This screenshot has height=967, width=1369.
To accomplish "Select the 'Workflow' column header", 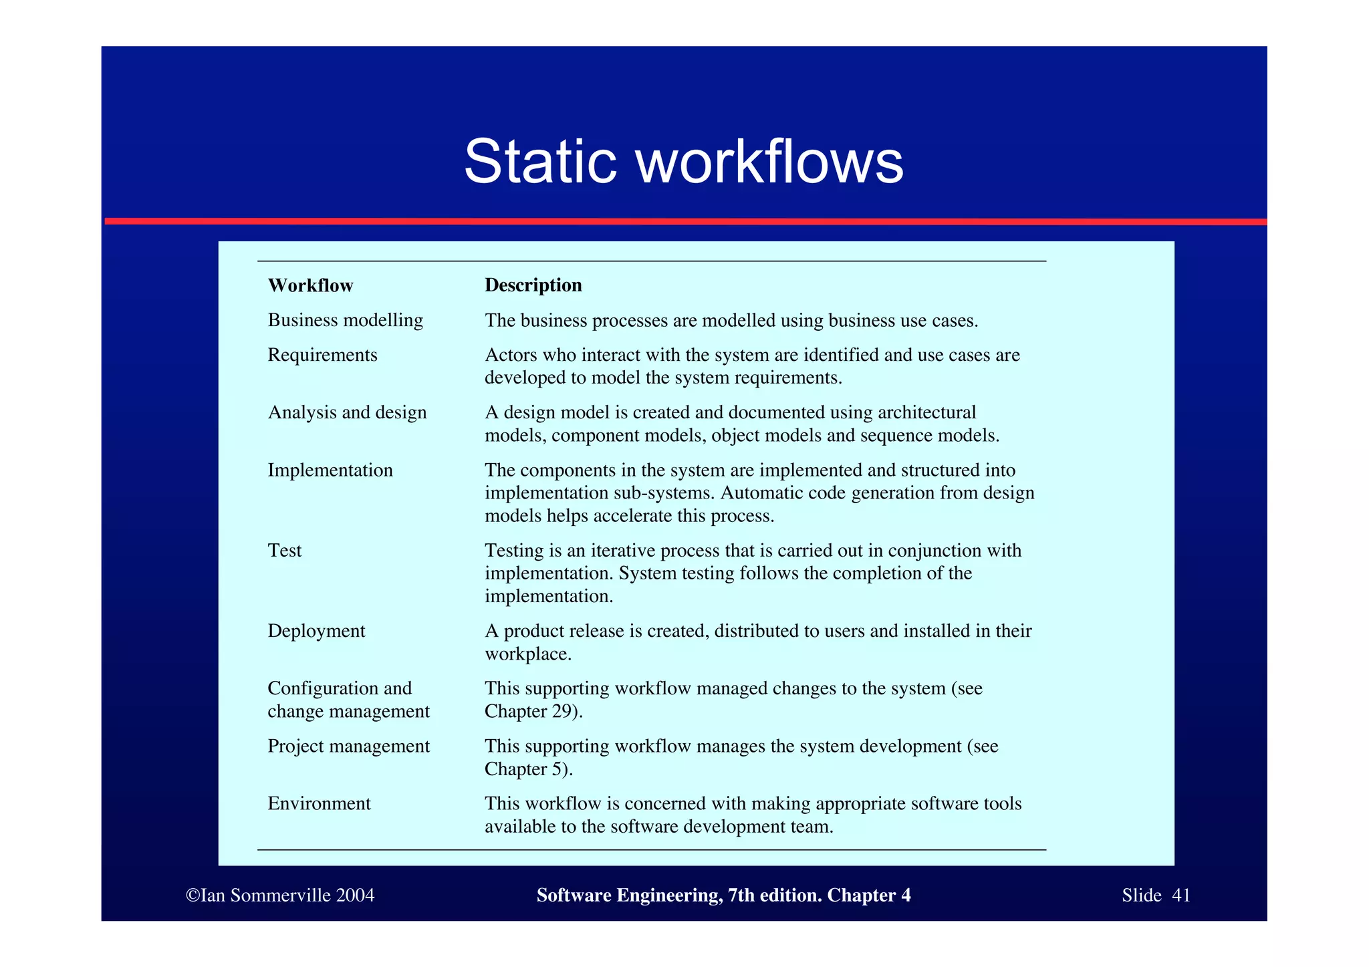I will pos(310,285).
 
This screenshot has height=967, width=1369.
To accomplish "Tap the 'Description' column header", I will pos(533,285).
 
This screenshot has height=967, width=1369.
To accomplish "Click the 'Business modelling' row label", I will pos(345,320).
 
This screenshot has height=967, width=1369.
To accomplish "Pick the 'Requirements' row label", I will pos(322,355).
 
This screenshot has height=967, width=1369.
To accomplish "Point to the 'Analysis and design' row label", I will pos(347,412).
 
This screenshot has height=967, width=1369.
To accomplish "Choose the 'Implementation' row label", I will pos(330,470).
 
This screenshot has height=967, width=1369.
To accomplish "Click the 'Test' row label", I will pos(285,551).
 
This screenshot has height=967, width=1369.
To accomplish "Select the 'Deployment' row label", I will pos(316,631).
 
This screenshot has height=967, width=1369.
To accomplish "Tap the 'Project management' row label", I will pos(348,746).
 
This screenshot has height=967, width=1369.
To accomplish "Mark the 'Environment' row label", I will pos(319,803).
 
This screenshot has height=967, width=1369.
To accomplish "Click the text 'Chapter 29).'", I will pos(533,711).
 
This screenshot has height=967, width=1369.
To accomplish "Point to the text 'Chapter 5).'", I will pos(529,769).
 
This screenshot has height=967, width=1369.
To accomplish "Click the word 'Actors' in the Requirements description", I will pos(511,355).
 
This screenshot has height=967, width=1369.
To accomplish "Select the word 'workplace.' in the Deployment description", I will pos(528,654).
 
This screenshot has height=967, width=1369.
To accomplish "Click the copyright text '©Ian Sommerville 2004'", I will pos(280,895).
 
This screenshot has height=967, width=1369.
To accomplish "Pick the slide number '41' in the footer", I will pos(1181,895).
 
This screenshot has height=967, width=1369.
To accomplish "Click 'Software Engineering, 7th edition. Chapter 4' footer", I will pos(723,895).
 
